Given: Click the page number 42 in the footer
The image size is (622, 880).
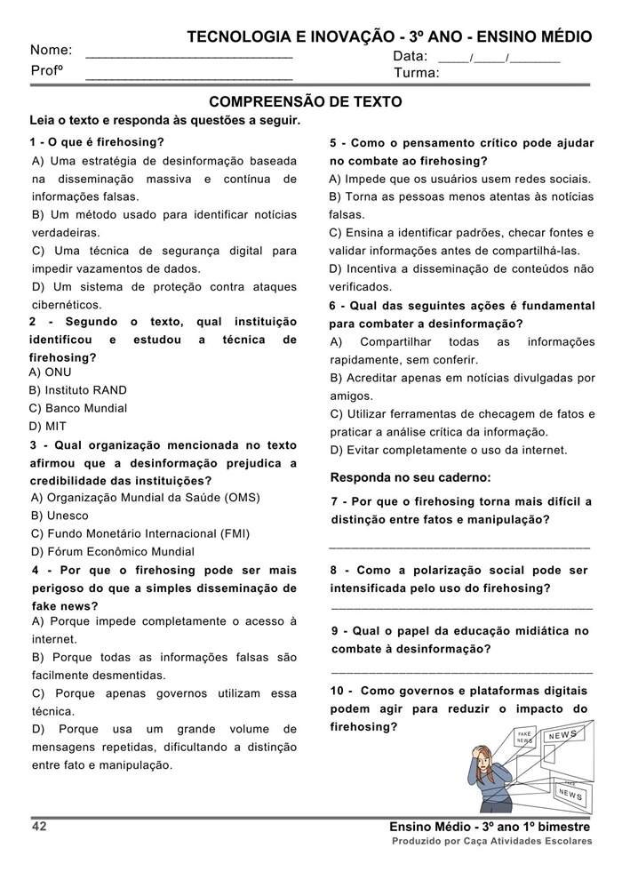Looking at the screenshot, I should [38, 827].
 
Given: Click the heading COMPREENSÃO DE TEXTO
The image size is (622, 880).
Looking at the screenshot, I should [305, 102].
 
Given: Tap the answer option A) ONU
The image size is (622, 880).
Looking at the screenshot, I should [51, 372].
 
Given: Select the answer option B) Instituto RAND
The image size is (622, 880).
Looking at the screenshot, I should [78, 390].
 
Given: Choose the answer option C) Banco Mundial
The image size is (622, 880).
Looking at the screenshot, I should [78, 408].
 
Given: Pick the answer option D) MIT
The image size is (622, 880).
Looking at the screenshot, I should [48, 426].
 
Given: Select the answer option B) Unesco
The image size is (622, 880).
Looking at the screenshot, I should [60, 516].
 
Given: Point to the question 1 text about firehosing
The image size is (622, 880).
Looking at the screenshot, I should [97, 142].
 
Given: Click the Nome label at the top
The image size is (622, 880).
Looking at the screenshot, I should [51, 51].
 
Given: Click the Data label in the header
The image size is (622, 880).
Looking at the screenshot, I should [410, 57].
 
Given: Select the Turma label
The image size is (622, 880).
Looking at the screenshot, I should [416, 73].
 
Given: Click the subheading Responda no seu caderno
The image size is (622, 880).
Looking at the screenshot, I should [410, 476].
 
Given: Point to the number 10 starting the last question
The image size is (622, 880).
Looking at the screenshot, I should [338, 691].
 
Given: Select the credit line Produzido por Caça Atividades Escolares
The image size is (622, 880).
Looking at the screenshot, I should [492, 841].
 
